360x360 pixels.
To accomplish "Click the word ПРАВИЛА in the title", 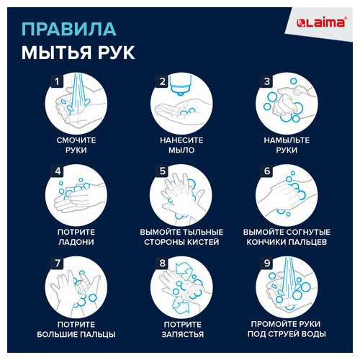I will (68, 29).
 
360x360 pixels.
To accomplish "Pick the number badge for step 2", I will (162, 81).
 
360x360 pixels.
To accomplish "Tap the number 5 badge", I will (162, 171).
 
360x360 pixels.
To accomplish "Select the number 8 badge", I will (162, 264).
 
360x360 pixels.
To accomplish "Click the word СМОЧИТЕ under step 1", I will (76, 140).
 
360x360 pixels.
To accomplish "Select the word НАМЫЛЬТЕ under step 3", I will (287, 140).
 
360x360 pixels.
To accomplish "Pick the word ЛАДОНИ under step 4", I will (76, 243).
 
